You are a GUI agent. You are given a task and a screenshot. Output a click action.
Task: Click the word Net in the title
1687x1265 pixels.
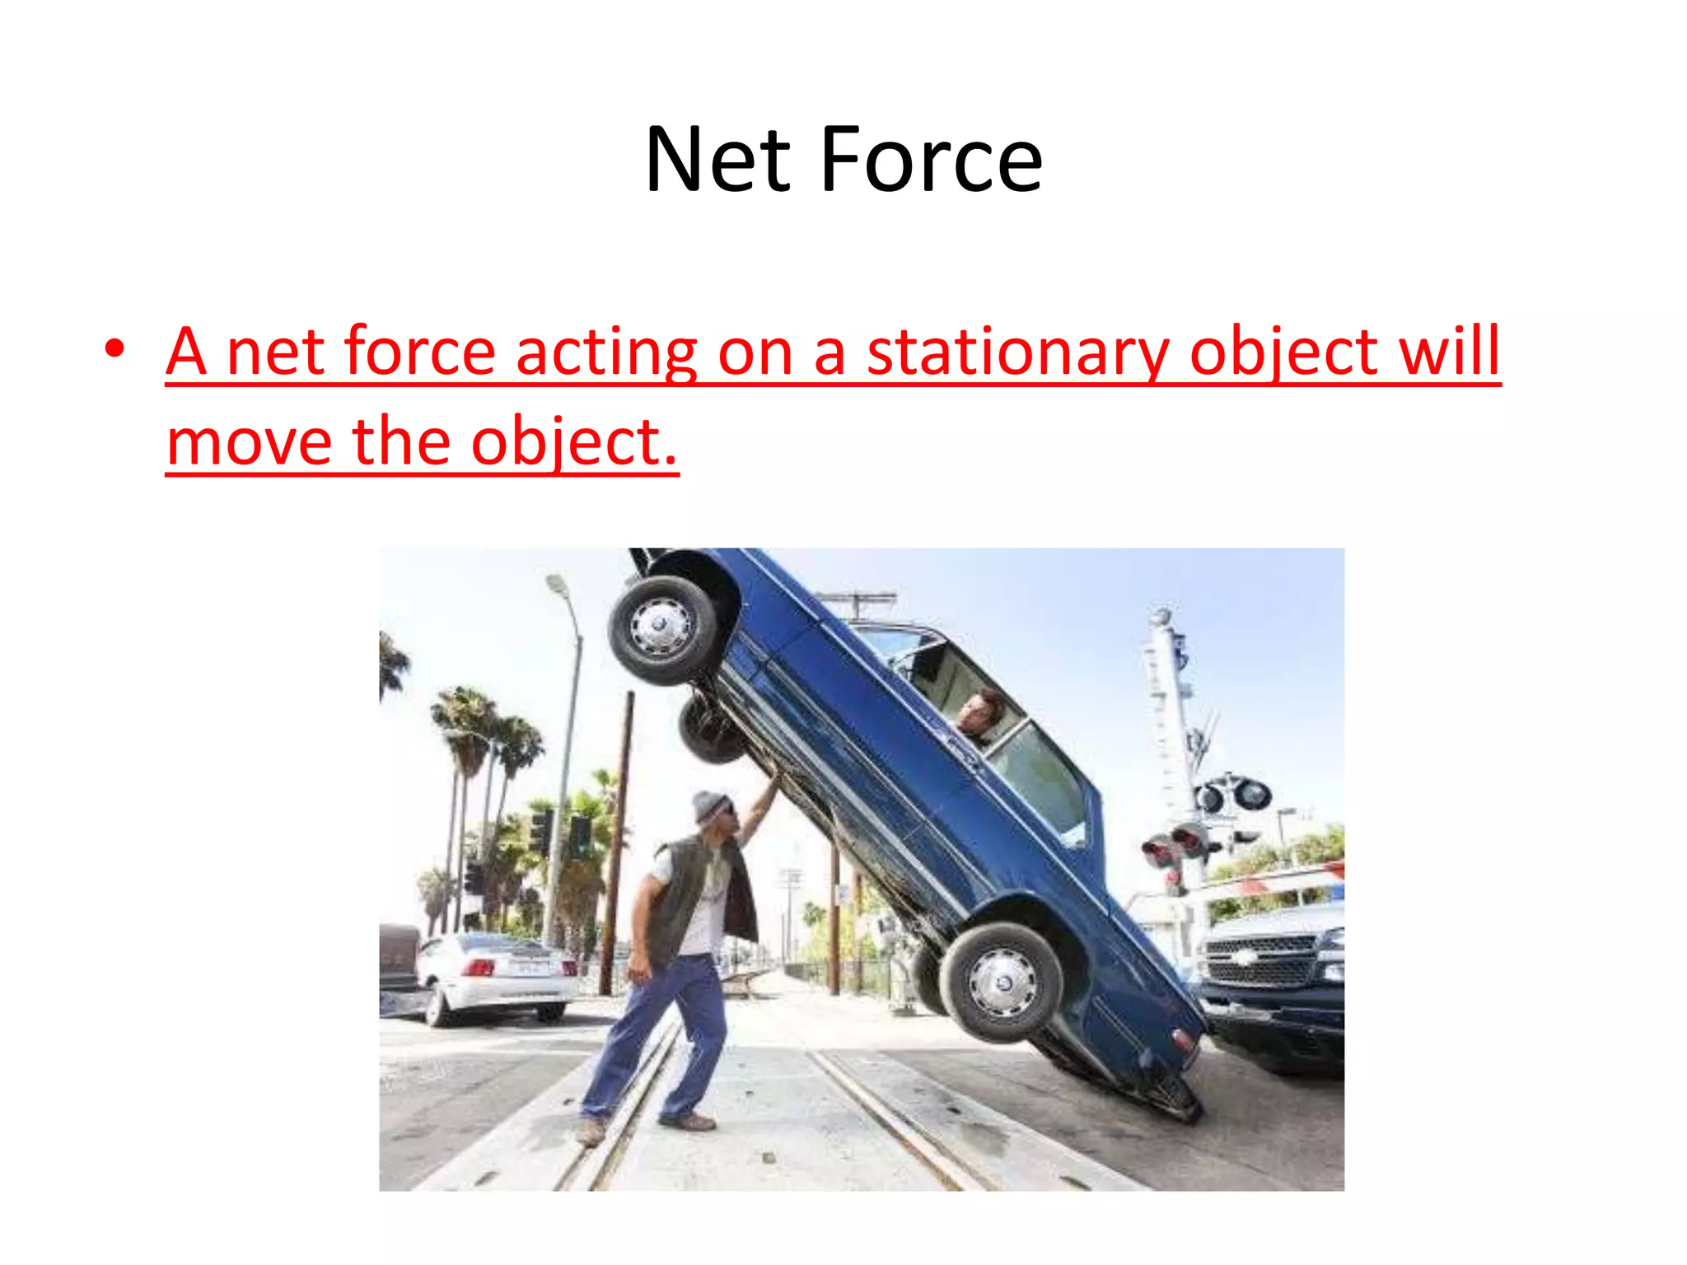click(x=717, y=160)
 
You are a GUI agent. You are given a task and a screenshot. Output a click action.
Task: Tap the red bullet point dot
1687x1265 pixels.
click(x=114, y=349)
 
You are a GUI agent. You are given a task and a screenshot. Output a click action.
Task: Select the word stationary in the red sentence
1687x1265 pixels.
click(x=1017, y=352)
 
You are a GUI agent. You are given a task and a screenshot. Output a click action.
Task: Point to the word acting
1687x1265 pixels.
click(x=606, y=352)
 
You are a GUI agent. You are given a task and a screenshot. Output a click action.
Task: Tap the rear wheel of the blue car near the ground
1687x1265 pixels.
click(x=1001, y=982)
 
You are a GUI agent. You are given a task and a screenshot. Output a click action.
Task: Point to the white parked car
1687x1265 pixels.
click(x=494, y=976)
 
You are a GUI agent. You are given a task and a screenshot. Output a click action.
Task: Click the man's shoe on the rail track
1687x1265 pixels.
click(x=688, y=1121)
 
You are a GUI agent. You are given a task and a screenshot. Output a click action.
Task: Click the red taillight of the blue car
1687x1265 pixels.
click(x=1184, y=1039)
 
